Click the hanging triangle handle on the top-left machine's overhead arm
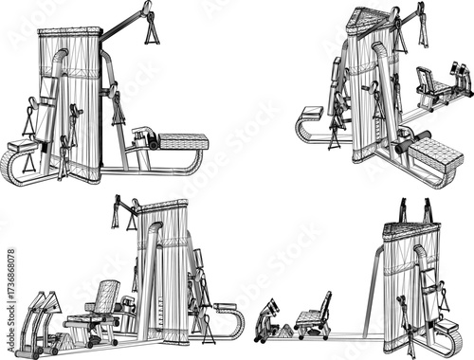[151, 31]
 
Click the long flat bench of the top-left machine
[183, 142]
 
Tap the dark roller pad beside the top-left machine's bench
[143, 135]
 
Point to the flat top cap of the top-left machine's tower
[68, 32]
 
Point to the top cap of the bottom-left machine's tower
[163, 207]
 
